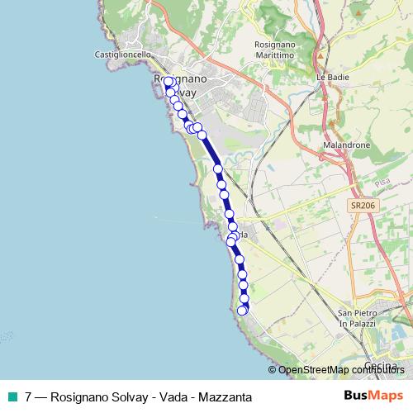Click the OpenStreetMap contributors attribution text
[340, 370]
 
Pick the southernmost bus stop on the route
[242, 311]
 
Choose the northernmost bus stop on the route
[169, 82]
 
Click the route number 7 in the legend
[29, 396]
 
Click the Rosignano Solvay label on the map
[179, 83]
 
